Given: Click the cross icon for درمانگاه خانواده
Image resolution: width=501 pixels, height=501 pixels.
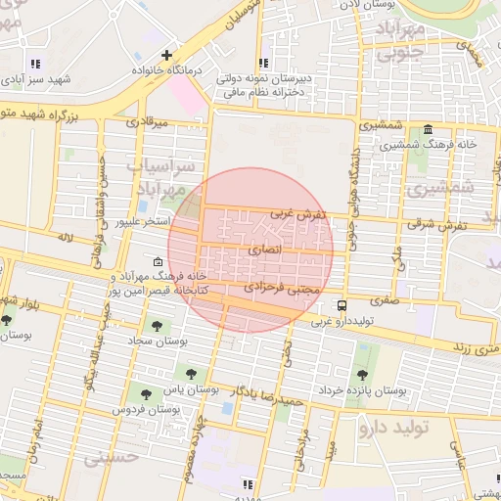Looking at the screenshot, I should [167, 55].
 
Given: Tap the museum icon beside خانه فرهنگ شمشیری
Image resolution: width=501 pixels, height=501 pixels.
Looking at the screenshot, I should [429, 131].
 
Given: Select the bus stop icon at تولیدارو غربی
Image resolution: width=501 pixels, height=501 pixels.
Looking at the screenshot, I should [341, 305].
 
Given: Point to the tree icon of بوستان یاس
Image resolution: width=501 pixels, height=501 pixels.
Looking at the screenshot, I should [190, 373].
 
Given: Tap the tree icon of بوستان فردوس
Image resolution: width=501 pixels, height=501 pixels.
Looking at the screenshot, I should [146, 394].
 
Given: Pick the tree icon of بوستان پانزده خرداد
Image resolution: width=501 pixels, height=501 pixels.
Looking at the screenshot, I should [362, 375].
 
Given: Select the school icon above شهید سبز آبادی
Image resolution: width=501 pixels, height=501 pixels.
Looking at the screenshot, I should [36, 65].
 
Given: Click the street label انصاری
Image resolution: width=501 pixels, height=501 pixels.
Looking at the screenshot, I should [263, 251].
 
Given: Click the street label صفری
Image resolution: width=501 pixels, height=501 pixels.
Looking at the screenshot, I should [385, 302].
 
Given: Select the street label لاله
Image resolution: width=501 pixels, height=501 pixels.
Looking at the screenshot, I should [66, 237].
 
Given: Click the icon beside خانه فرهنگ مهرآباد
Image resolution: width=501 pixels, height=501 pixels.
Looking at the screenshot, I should [159, 262].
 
